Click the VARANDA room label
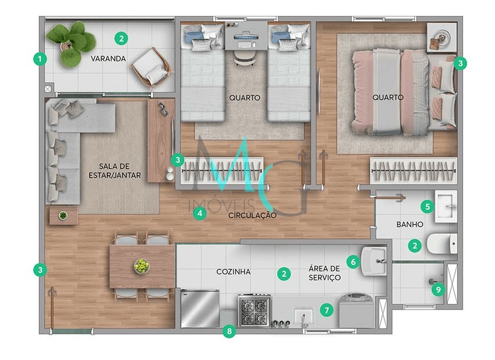coord(108,59)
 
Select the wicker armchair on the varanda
coord(151,67)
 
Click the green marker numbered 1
coord(40,59)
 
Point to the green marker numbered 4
coord(200,213)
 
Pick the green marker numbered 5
coord(427,207)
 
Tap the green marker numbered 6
coord(353,262)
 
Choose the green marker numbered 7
coord(326,310)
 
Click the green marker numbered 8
coord(229,331)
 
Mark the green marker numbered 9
coord(438,289)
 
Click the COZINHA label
coord(233,272)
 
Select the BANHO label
coord(410,225)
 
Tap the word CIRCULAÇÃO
coord(252,215)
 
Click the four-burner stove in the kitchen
coord(254,310)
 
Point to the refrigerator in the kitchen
coord(200,309)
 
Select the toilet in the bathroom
coord(442,243)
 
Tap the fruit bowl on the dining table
coord(142,266)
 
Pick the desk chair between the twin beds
coord(245,58)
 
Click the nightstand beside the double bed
coord(442,37)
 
